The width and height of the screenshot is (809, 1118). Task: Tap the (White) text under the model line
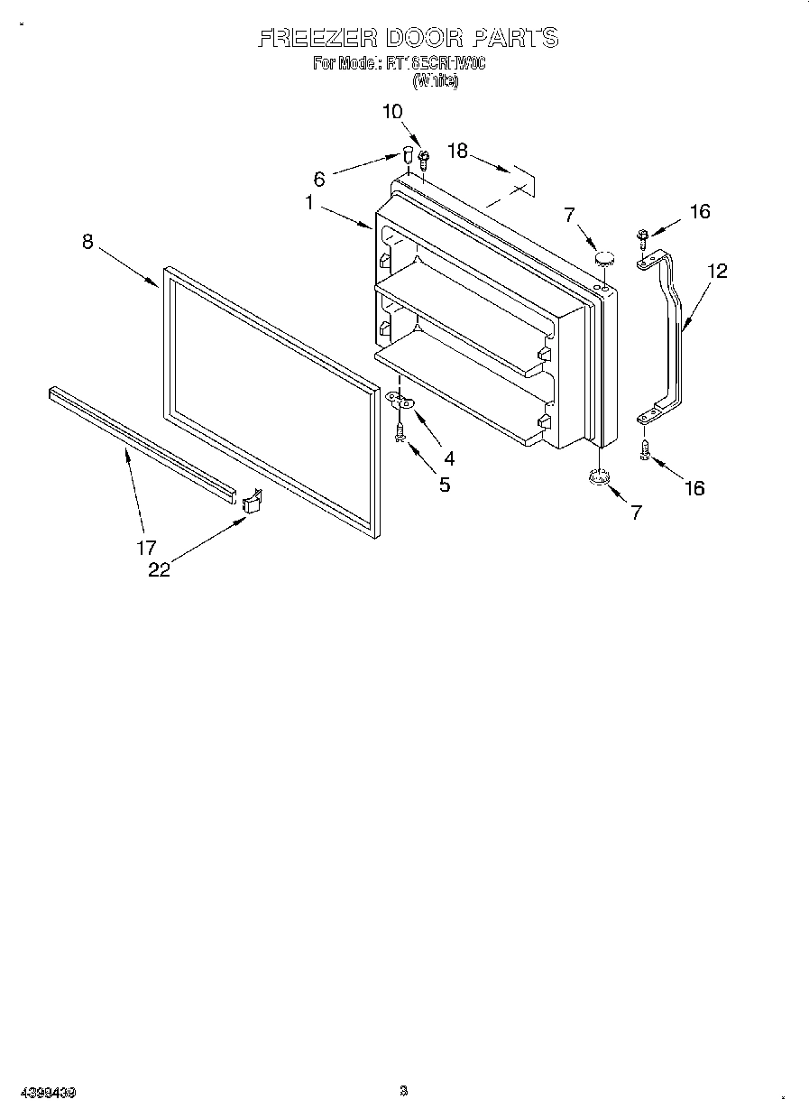click(x=436, y=80)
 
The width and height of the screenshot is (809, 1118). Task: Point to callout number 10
click(x=392, y=112)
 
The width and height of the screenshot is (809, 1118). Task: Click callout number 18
click(x=458, y=151)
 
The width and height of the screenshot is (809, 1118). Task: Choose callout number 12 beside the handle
click(x=716, y=270)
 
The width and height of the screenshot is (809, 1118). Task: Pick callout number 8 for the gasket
click(x=87, y=242)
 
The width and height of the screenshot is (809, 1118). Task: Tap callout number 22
click(x=159, y=569)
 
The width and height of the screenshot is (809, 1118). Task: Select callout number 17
click(x=146, y=547)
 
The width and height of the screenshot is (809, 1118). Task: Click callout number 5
click(x=445, y=485)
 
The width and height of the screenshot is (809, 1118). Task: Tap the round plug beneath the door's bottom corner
click(x=596, y=477)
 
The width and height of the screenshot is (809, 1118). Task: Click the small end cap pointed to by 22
click(x=252, y=500)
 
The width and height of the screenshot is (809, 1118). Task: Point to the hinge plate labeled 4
click(x=400, y=401)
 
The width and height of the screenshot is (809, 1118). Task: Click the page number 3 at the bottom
click(x=404, y=1091)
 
